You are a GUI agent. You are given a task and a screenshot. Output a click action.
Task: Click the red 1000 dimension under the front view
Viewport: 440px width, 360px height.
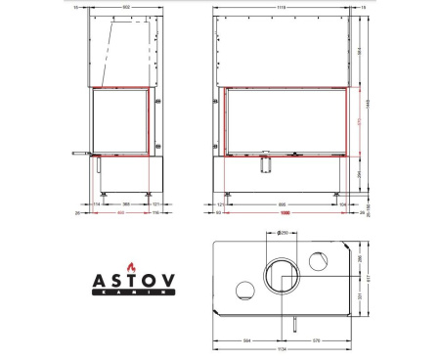point(286,212)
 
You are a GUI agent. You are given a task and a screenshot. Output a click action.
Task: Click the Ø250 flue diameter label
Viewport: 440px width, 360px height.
point(281,233)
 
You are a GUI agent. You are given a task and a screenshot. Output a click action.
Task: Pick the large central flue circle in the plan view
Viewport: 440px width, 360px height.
point(280,277)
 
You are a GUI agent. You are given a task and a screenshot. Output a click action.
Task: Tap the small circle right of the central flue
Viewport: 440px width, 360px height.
point(319,261)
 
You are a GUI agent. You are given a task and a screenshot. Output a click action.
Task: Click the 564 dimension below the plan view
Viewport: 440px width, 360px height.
point(247,340)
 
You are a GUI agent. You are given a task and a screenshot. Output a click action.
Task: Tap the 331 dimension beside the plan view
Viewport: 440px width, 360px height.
point(360,298)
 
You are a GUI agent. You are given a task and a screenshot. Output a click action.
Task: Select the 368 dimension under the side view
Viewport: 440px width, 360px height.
point(125,204)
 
